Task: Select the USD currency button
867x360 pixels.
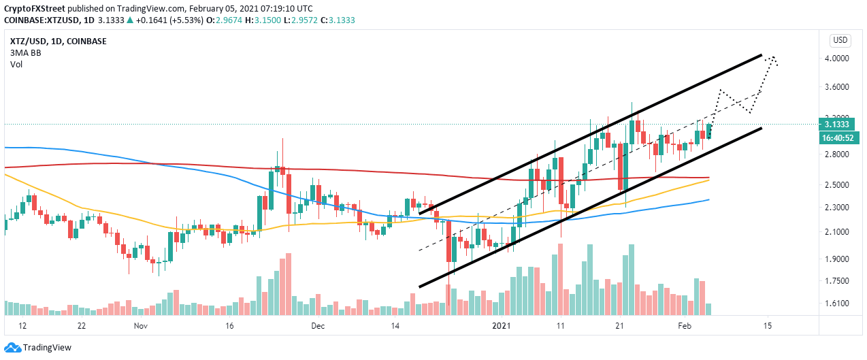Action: (x=841, y=39)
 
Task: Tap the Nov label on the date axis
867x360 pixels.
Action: (x=141, y=326)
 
